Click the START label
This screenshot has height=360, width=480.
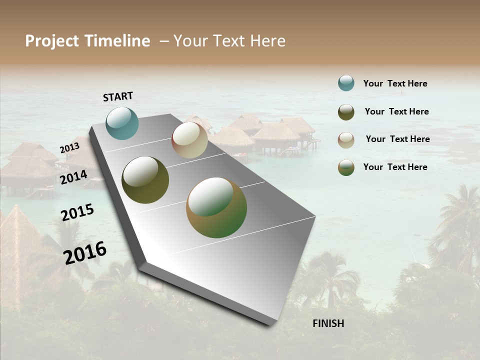coord(118,96)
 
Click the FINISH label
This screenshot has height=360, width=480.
coord(328,323)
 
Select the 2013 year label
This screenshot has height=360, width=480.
coord(69,148)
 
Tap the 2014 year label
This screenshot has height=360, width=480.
coord(74,177)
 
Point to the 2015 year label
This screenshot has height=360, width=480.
coord(77,212)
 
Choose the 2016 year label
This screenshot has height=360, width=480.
coord(85,252)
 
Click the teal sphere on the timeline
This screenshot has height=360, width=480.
coord(122,123)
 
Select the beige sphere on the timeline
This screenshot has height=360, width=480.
coord(189,140)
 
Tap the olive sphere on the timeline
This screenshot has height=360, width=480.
coord(145,180)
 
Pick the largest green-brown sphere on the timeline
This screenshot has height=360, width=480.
coord(216,207)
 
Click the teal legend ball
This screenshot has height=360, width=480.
coord(346,83)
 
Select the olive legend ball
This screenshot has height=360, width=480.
coord(346,112)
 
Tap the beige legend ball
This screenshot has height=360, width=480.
coord(346,139)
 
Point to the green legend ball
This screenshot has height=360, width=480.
coord(346,167)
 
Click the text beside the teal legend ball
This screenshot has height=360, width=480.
coord(395,83)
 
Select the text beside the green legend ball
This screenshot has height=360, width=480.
coord(395,167)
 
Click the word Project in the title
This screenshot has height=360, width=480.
coord(52,41)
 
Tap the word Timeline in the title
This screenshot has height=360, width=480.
coord(117,41)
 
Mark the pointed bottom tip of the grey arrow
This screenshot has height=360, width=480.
coord(270,325)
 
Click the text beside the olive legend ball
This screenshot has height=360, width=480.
coord(396,111)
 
